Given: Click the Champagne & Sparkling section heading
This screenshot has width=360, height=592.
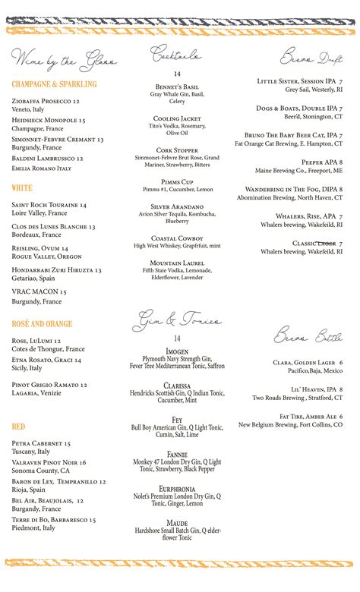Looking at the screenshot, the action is pos(54,84).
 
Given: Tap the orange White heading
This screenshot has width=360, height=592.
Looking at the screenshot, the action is pos(22,187).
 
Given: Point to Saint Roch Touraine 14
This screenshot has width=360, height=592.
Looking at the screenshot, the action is pos(49,205).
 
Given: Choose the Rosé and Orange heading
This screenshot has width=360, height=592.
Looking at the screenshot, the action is pos(43,324).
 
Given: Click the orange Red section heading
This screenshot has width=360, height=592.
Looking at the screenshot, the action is pos(19,427).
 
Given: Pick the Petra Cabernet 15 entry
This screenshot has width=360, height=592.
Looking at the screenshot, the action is pos(41,443).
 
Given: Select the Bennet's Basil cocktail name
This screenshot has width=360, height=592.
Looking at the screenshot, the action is pos(177,87).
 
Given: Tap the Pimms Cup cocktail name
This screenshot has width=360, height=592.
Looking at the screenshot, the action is pos(177,182).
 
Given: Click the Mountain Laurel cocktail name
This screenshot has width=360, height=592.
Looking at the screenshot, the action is pos(177,263).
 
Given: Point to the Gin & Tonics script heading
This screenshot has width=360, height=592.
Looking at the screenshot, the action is pos(177,321).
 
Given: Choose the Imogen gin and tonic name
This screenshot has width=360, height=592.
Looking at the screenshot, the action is pos(177,351).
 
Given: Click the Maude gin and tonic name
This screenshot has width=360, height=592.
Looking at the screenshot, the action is pos(177,523).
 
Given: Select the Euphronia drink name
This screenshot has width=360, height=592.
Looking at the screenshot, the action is pos(177,489).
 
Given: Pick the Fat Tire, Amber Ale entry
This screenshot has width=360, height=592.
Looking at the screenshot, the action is pos(311,417).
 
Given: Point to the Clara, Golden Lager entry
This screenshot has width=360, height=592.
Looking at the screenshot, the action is pos(308,363).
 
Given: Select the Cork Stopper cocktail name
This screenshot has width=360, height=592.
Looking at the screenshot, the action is pos(177,150).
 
